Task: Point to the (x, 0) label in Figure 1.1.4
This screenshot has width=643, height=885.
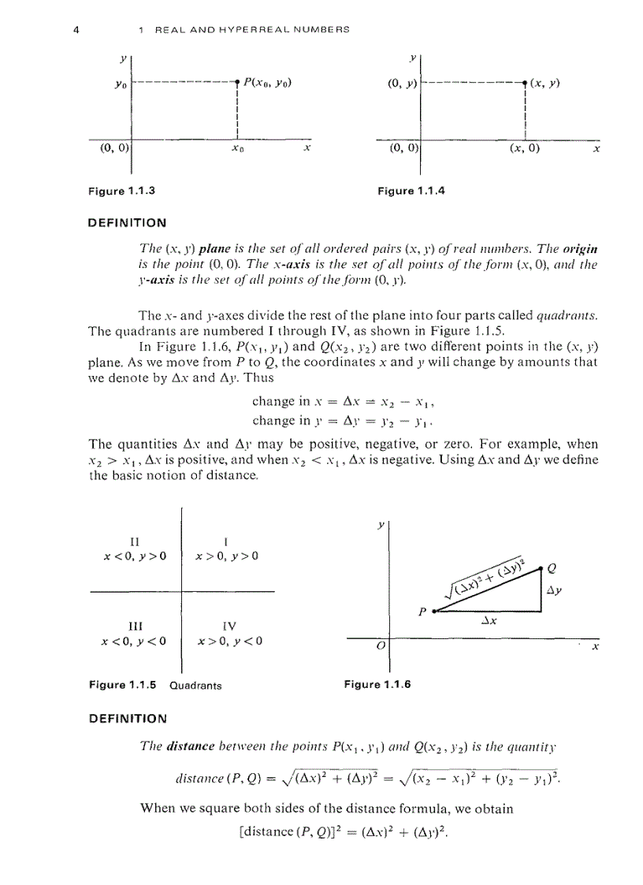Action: click(524, 147)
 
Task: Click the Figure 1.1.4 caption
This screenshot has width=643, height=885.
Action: click(411, 191)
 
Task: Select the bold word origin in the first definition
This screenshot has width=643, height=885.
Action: click(581, 250)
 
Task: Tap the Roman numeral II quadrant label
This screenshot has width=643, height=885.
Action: click(134, 541)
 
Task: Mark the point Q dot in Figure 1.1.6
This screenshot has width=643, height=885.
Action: click(541, 567)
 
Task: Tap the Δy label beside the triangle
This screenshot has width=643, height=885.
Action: click(556, 589)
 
